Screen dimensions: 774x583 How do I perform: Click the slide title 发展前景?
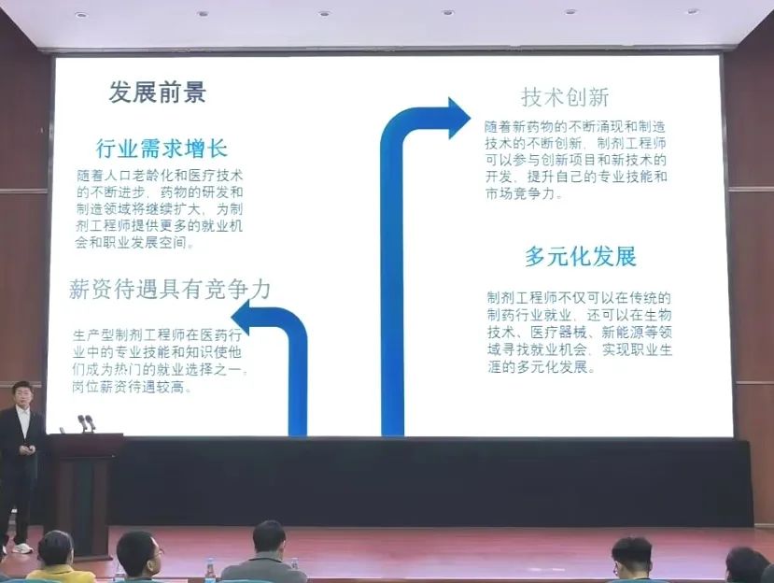pos(158,92)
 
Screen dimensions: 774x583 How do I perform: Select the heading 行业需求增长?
pos(162,149)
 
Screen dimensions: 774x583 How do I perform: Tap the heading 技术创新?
pos(565,97)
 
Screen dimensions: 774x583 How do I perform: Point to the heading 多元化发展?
pos(581,257)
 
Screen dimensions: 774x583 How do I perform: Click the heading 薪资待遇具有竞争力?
pos(170,289)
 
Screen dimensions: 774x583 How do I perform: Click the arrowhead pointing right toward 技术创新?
pos(459,119)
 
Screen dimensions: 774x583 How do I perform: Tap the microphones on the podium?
pos(87,423)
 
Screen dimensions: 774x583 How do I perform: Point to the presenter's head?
pos(22,393)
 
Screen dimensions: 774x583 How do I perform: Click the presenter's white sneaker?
pos(22,548)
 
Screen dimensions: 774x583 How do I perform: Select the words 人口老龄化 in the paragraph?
pos(131,176)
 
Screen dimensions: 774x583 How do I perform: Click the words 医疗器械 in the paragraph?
pos(557,332)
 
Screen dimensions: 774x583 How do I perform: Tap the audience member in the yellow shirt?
pos(57,559)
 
